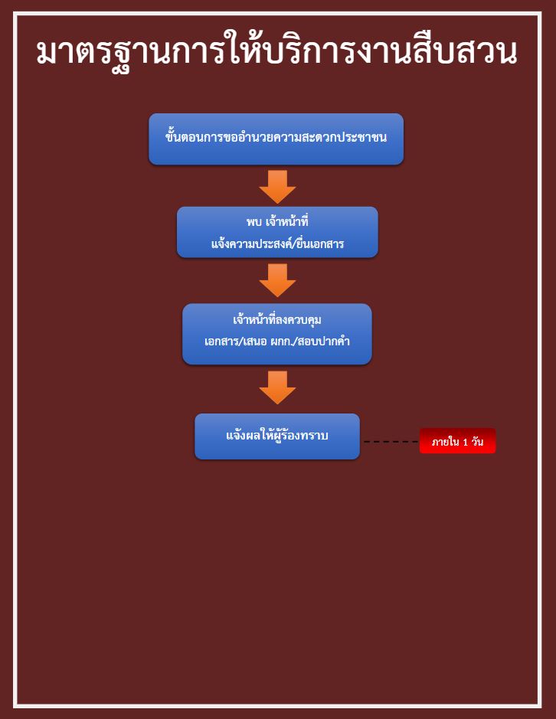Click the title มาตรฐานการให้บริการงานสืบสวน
276,51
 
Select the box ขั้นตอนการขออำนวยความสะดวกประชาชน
276,139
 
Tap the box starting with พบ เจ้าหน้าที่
277,232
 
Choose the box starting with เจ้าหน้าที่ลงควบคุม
277,335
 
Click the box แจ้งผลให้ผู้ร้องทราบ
277,436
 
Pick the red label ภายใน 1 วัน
457,441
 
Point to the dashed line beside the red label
391,442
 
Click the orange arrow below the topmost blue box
277,187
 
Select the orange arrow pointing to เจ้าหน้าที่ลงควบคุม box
277,280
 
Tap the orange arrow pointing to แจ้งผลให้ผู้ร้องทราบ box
277,388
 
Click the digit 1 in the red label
465,443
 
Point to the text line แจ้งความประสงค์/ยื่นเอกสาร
277,243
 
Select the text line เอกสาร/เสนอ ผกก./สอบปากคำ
277,342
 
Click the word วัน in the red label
478,441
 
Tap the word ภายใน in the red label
446,442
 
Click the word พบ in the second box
253,222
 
